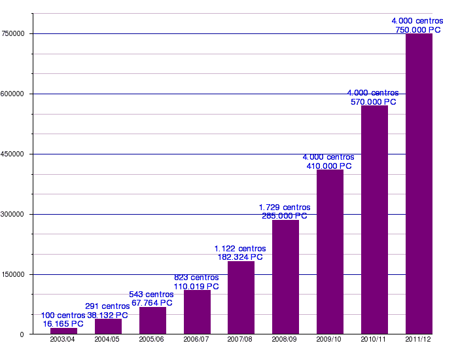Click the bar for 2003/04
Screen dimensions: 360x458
[63, 331]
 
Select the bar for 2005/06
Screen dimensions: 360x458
[152, 321]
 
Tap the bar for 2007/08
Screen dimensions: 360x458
[241, 298]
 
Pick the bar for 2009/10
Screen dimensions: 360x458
[330, 252]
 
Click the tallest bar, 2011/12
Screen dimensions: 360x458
[419, 184]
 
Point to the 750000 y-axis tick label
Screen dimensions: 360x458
[13, 33]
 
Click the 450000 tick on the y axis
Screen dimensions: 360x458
[13, 154]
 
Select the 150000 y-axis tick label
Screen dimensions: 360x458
[13, 274]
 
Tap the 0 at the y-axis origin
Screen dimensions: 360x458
[22, 334]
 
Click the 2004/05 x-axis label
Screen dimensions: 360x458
[107, 340]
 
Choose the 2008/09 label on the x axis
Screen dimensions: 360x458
[285, 340]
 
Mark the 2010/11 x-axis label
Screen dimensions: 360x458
[374, 340]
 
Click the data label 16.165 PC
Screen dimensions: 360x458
[63, 324]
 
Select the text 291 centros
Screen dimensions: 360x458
[107, 306]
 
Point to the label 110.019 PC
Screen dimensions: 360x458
[196, 287]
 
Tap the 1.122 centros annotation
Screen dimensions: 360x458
[240, 249]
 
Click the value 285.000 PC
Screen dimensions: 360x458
[285, 216]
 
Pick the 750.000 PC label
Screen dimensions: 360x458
[418, 30]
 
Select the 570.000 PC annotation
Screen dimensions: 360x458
[373, 102]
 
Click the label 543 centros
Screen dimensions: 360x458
[152, 295]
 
